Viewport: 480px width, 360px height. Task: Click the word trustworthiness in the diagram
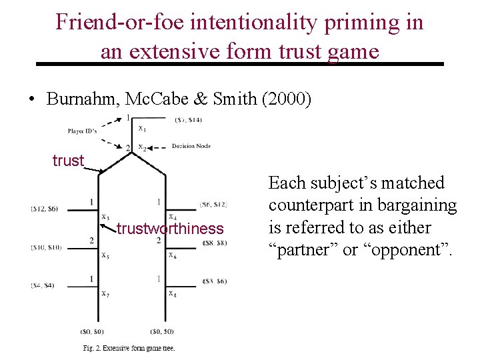tap(170, 229)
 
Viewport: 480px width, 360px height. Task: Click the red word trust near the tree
tap(69, 161)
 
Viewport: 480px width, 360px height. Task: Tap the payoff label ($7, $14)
tap(189, 120)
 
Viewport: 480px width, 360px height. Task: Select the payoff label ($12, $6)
tap(45, 209)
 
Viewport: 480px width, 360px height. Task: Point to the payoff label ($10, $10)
tap(46, 247)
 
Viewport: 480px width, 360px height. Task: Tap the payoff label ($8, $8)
tap(215, 243)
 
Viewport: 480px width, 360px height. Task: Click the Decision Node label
tap(191, 145)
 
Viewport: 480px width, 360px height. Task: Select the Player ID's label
tap(83, 131)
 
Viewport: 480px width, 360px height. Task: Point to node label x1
tap(142, 128)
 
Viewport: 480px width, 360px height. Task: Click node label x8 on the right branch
tap(172, 293)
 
